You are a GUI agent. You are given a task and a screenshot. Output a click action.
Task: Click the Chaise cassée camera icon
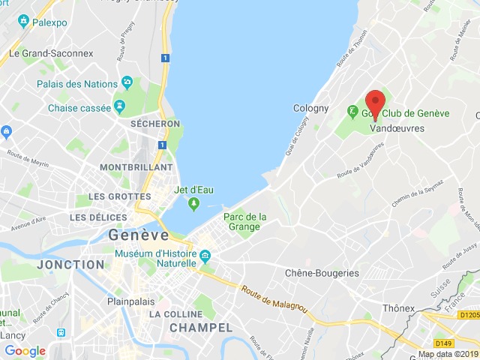pyautogui.click(x=119, y=107)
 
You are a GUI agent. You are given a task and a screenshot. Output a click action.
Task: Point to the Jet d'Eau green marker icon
pyautogui.click(x=193, y=203)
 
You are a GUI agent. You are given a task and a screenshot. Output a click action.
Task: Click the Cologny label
pyautogui.click(x=310, y=108)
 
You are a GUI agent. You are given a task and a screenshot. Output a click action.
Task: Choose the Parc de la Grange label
pyautogui.click(x=245, y=222)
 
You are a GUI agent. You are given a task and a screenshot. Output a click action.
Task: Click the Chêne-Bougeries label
pyautogui.click(x=322, y=273)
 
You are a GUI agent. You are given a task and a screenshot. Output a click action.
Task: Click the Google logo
pyautogui.click(x=25, y=350)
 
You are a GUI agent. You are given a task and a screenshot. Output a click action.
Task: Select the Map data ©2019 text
pyautogui.click(x=447, y=354)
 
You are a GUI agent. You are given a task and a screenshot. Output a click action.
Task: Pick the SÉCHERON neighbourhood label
pyautogui.click(x=154, y=124)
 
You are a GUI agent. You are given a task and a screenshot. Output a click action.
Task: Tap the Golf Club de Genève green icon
pyautogui.click(x=352, y=112)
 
